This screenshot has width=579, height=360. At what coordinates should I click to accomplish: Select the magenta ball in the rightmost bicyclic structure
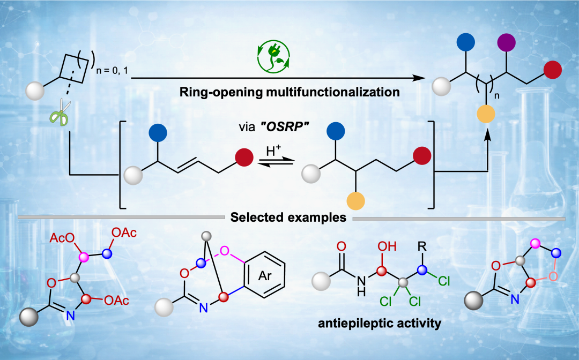click(535, 244)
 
